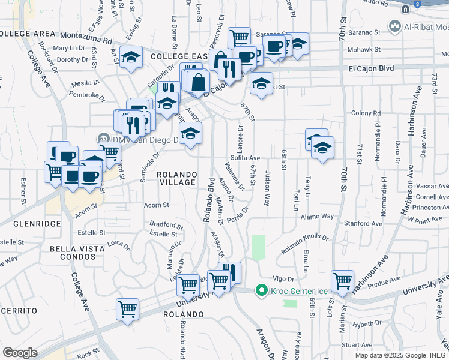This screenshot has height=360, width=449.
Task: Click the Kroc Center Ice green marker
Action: pos(261,291)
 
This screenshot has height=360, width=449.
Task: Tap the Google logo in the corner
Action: pos(19,353)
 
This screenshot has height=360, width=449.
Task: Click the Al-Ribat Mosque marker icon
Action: pos(395,26)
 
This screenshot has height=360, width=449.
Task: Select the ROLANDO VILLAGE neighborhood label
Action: pos(176,178)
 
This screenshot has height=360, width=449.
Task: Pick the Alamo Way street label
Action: pos(318,217)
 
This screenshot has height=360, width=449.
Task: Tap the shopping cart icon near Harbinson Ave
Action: pos(342,280)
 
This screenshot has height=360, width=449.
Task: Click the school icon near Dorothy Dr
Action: pos(131,57)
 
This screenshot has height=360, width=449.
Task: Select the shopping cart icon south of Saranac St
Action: pos(239,37)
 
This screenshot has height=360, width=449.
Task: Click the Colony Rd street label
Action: pos(362,113)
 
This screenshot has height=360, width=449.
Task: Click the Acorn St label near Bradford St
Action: pos(157,205)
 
